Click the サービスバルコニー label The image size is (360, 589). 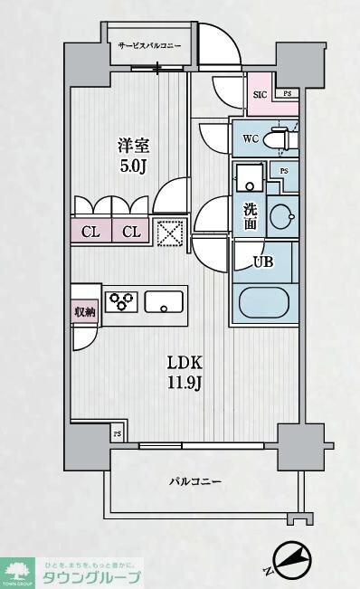pos(148,44)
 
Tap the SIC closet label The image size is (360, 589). pos(259,94)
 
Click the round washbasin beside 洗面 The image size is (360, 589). pos(281,218)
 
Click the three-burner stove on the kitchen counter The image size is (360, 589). pos(121,300)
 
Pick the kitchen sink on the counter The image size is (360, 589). pos(164,301)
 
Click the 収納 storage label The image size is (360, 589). pos(84,309)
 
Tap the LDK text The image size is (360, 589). pos(185,362)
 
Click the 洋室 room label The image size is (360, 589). pos(132,145)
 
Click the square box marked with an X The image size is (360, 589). pos(169,232)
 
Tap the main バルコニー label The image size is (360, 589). pos(194,481)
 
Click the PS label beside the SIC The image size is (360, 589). pos(287,94)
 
